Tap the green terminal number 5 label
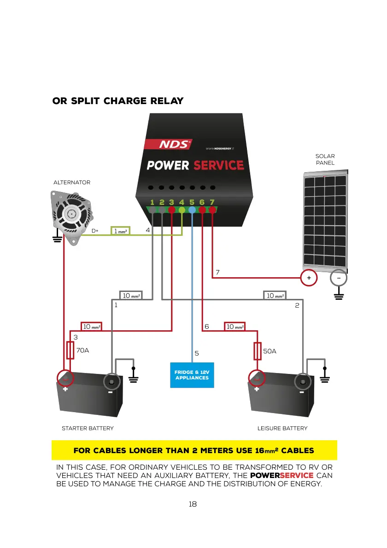click(192, 202)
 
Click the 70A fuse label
click(82, 350)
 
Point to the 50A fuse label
click(270, 351)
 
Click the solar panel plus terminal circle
click(309, 278)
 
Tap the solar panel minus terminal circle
click(339, 278)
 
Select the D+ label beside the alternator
click(94, 231)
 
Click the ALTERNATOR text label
click(72, 182)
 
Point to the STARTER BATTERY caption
click(88, 428)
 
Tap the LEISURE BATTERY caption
click(282, 428)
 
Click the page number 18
click(193, 504)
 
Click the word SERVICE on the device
click(218, 165)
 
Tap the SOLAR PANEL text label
click(325, 159)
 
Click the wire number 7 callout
click(217, 272)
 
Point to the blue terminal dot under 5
click(192, 210)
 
